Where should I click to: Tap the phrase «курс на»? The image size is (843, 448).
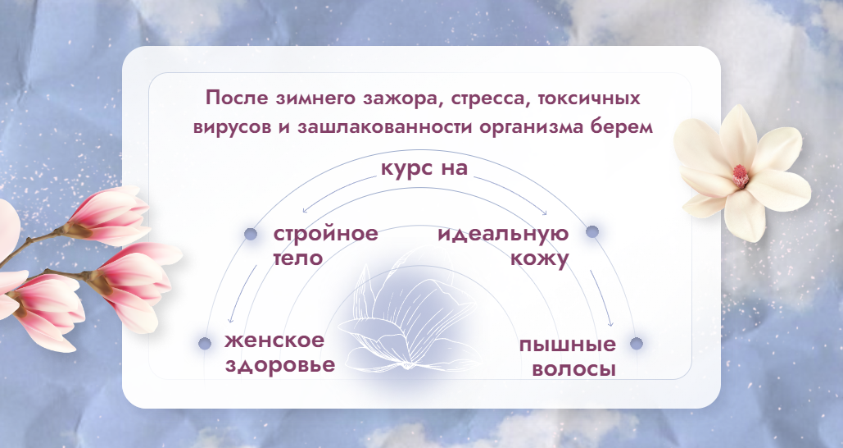424,170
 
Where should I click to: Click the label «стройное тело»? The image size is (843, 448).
325,245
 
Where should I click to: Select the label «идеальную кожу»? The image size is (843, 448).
503,245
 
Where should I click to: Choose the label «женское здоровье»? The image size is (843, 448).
279,353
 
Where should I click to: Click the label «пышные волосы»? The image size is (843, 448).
567,355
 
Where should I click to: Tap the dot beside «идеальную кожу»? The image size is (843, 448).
592,232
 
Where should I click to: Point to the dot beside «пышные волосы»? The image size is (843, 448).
637,344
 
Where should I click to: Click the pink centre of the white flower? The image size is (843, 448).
740,174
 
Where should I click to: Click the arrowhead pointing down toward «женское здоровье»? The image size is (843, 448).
232,322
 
